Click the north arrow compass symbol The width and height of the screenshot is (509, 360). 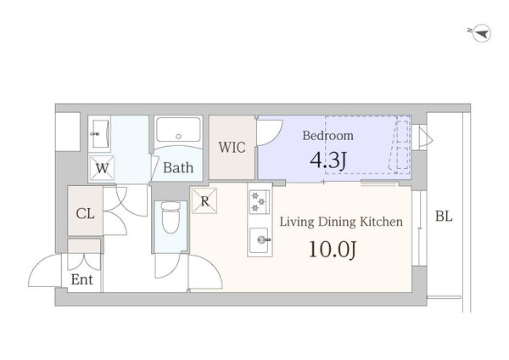(x=481, y=33)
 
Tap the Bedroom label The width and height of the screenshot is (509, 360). (x=327, y=136)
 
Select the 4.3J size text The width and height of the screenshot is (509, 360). (x=328, y=160)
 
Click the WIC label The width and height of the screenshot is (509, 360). (x=232, y=147)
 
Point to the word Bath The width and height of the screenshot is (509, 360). (x=178, y=167)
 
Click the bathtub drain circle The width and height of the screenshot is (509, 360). (x=178, y=137)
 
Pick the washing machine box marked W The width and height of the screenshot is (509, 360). (x=102, y=168)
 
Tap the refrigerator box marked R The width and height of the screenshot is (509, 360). (x=204, y=200)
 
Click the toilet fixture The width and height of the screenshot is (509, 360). (x=171, y=217)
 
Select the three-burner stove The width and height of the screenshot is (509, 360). (x=260, y=202)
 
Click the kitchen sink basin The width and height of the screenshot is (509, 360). (x=259, y=239)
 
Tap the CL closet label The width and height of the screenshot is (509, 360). (x=86, y=213)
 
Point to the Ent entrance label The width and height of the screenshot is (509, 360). (x=81, y=279)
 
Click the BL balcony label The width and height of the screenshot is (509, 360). (x=444, y=216)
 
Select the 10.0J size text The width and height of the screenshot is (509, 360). (x=333, y=250)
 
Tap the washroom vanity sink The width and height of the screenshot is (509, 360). (x=99, y=133)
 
